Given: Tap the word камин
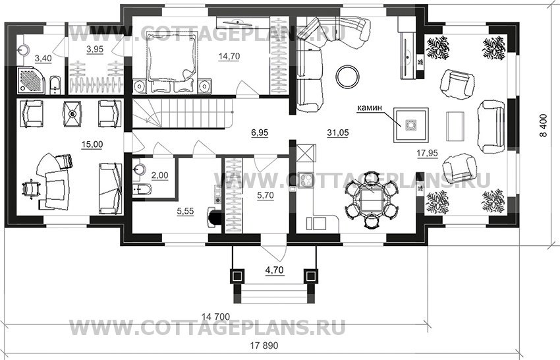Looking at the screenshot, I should tap(370, 107).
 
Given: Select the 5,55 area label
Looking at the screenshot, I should tap(186, 212).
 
